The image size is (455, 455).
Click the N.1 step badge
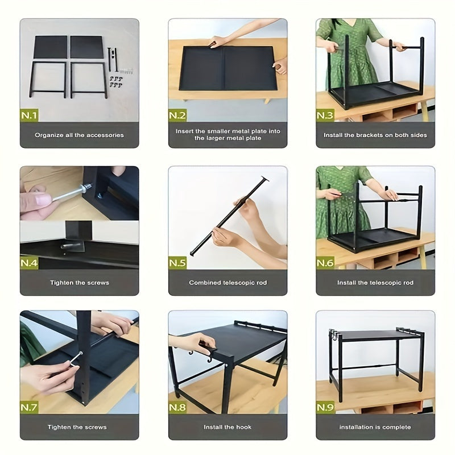click(30, 115)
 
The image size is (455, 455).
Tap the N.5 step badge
click(177, 263)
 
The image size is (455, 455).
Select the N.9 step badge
click(325, 407)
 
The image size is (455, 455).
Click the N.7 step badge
click(30, 407)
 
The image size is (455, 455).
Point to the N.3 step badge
click(325, 115)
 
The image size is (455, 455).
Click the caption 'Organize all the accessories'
click(79, 135)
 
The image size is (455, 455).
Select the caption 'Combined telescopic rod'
click(228, 282)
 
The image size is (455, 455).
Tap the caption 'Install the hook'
click(227, 427)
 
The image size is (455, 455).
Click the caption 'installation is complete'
click(375, 427)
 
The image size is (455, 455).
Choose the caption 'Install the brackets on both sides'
click(375, 135)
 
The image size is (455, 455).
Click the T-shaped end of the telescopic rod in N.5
click(264, 179)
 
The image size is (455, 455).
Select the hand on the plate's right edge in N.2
click(280, 66)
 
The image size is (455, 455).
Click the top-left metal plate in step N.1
click(51, 47)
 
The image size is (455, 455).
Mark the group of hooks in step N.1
click(116, 82)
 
